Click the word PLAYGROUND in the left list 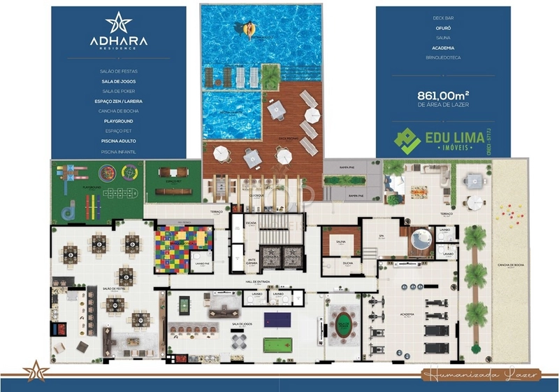click(x=118, y=121)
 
